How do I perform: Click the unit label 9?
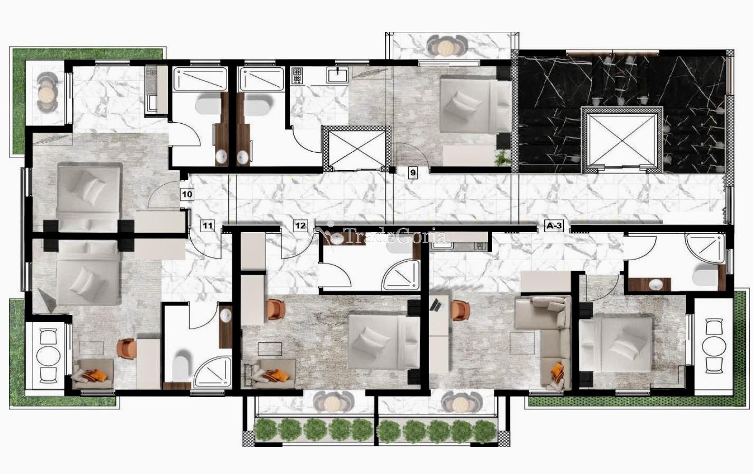(x=413, y=173)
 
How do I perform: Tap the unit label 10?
(x=187, y=194)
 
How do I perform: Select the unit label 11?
(x=207, y=226)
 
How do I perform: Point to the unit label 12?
(x=300, y=226)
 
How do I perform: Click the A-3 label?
(x=554, y=226)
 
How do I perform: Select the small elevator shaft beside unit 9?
(x=356, y=149)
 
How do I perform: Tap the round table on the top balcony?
(x=446, y=47)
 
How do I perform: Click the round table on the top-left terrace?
(x=46, y=95)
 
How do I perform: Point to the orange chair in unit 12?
(x=276, y=309)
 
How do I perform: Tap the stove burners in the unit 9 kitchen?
(x=297, y=75)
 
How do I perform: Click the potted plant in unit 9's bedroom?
(x=503, y=157)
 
